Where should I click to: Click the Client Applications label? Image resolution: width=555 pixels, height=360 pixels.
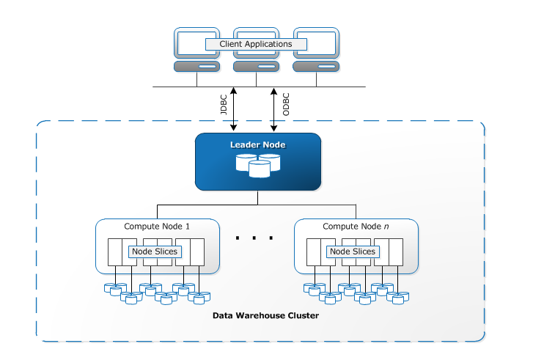pos(256,44)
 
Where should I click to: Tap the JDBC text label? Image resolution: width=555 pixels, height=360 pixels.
pos(224,105)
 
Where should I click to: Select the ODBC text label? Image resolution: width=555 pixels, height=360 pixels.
pos(286,104)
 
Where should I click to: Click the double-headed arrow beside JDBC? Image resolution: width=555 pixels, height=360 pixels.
pos(233,109)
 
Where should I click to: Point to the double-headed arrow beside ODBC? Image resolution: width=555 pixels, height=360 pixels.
pos(273,109)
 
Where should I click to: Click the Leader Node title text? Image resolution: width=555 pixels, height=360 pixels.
pos(257,144)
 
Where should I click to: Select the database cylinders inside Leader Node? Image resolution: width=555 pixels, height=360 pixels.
pos(258,165)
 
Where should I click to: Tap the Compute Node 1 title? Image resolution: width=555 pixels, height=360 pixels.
pos(157,227)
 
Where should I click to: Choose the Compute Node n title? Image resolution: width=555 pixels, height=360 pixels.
pos(356,227)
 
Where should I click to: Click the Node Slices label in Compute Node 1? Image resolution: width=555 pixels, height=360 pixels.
pos(155,251)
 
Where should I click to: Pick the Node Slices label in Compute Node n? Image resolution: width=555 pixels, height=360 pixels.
pos(353,251)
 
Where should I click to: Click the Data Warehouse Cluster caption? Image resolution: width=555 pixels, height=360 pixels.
pos(265,315)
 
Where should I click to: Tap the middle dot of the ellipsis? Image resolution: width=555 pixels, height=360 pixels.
pos(254,238)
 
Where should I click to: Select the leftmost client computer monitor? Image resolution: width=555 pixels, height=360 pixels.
pos(196,43)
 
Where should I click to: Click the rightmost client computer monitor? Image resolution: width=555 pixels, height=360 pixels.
pos(317,43)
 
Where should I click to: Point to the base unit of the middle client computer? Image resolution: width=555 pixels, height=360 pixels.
pos(257,66)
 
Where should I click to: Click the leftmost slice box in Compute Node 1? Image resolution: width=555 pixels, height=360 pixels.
pos(115,252)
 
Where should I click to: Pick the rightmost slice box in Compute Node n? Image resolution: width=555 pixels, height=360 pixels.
pos(396,252)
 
